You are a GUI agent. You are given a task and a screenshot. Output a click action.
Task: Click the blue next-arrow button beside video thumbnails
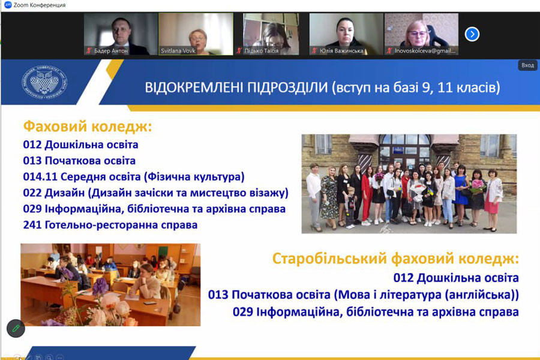(x=472, y=34)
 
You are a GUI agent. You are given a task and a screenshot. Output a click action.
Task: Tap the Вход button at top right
(x=527, y=65)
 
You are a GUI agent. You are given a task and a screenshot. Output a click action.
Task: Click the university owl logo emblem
(x=45, y=82)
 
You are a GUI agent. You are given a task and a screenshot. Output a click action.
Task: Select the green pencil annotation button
(x=16, y=328)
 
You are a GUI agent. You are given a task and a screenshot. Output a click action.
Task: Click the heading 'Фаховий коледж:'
(x=88, y=127)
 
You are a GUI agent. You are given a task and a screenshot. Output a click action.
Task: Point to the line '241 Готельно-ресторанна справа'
(x=110, y=225)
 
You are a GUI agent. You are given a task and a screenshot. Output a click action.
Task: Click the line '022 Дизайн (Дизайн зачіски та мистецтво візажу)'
(x=155, y=193)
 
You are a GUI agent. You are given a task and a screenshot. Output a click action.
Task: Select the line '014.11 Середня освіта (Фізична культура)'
(x=134, y=177)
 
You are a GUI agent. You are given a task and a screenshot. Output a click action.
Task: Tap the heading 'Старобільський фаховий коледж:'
(x=395, y=259)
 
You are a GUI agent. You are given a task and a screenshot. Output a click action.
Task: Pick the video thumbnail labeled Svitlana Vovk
(x=196, y=34)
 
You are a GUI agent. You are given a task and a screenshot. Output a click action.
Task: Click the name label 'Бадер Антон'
(x=111, y=51)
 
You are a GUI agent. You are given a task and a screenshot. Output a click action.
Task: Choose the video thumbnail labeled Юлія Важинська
(x=346, y=34)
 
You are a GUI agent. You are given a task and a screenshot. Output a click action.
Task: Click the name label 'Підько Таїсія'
(x=262, y=51)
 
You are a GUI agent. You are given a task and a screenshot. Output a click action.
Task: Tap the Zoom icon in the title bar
(x=8, y=5)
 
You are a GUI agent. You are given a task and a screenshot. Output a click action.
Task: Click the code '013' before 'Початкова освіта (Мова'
(x=218, y=295)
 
